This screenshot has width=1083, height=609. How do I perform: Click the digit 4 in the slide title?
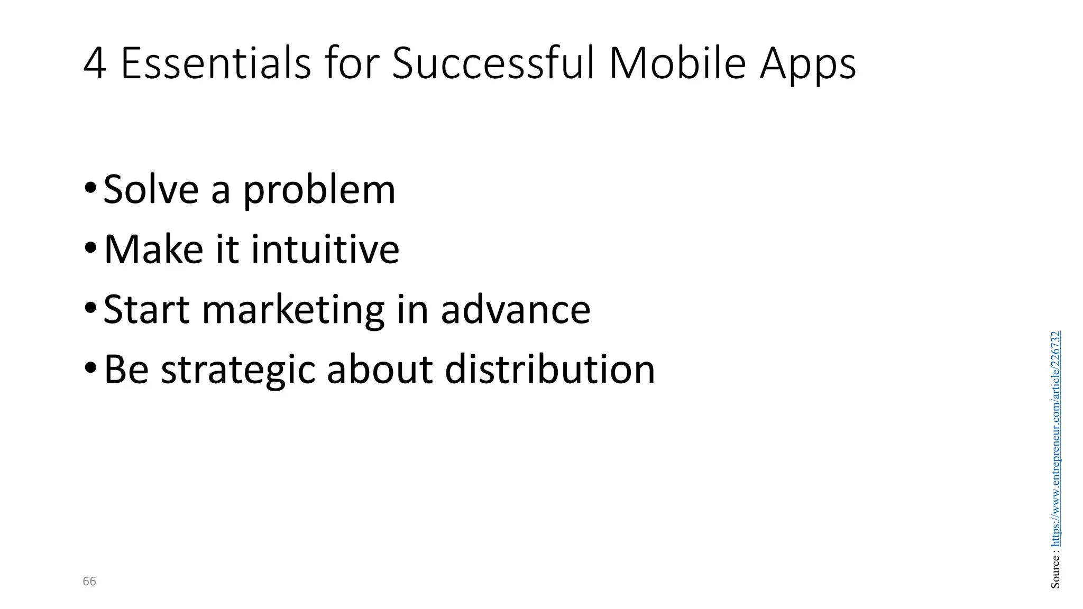[95, 64]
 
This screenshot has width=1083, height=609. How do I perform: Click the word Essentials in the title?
[216, 64]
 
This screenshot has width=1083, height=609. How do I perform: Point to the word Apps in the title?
[807, 67]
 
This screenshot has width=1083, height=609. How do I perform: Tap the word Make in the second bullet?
[153, 249]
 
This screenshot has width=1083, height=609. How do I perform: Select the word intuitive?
[325, 249]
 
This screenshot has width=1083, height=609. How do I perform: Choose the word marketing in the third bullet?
[293, 311]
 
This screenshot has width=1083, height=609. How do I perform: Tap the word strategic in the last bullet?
[238, 371]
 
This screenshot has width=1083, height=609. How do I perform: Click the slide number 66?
[89, 582]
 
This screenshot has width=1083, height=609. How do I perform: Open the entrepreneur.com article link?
[1056, 439]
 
